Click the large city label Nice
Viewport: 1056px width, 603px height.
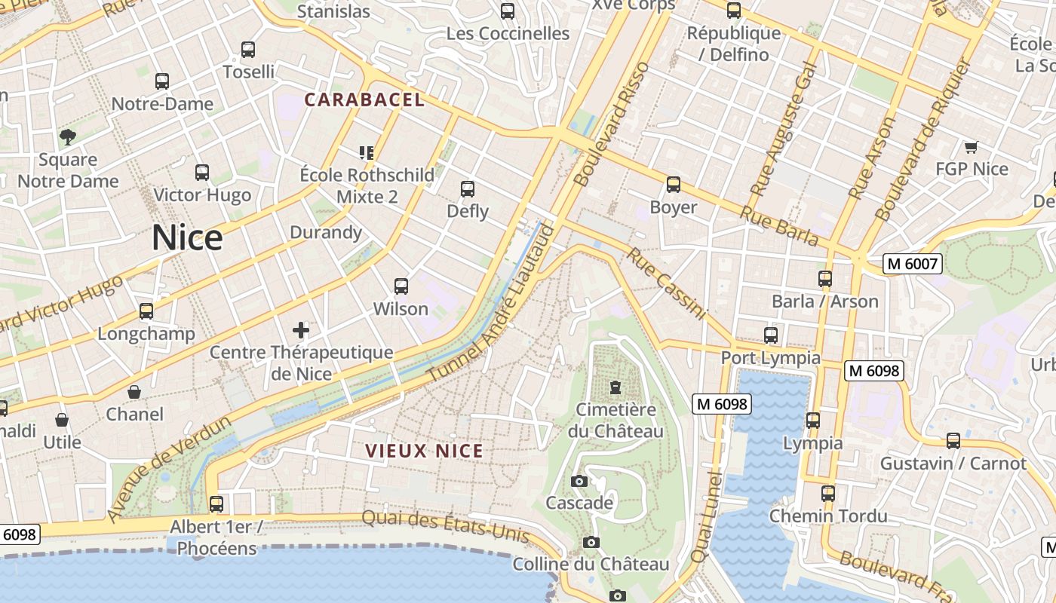pyautogui.click(x=187, y=238)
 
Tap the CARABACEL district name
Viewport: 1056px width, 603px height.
pyautogui.click(x=364, y=99)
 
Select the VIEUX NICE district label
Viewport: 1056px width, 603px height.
pyautogui.click(x=424, y=451)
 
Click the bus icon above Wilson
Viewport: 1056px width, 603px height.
pyautogui.click(x=401, y=286)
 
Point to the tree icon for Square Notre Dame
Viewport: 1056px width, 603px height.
pyautogui.click(x=68, y=136)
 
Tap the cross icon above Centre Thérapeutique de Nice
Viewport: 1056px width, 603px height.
pyautogui.click(x=301, y=329)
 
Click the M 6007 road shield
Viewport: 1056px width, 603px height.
pyautogui.click(x=913, y=264)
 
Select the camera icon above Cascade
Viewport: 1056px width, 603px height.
pyautogui.click(x=579, y=481)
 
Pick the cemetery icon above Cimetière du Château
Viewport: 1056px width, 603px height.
pyautogui.click(x=615, y=387)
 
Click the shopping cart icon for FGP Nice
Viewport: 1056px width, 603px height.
pyautogui.click(x=971, y=147)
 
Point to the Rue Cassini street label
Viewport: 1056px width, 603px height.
pyautogui.click(x=666, y=283)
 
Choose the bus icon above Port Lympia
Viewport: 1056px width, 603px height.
pyautogui.click(x=770, y=335)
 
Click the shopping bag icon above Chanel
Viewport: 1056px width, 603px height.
pyautogui.click(x=134, y=392)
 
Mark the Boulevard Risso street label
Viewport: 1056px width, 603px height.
pyautogui.click(x=612, y=124)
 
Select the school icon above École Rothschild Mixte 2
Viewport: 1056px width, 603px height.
pyautogui.click(x=367, y=153)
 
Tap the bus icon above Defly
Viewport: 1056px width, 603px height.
pyautogui.click(x=468, y=188)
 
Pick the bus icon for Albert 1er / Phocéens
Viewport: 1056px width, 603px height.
pyautogui.click(x=216, y=504)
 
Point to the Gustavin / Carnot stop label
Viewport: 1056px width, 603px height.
pyautogui.click(x=953, y=463)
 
